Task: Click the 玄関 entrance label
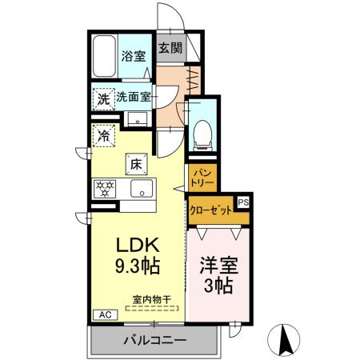point(170,47)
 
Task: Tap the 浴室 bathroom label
point(133,57)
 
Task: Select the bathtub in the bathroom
point(104,57)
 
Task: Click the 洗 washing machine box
point(102,99)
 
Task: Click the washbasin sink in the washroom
point(134,121)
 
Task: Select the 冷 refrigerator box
point(103,135)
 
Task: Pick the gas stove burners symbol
point(105,190)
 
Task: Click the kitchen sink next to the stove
point(142,190)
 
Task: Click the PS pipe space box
point(242,202)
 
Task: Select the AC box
point(103,314)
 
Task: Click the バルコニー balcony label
point(154,341)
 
